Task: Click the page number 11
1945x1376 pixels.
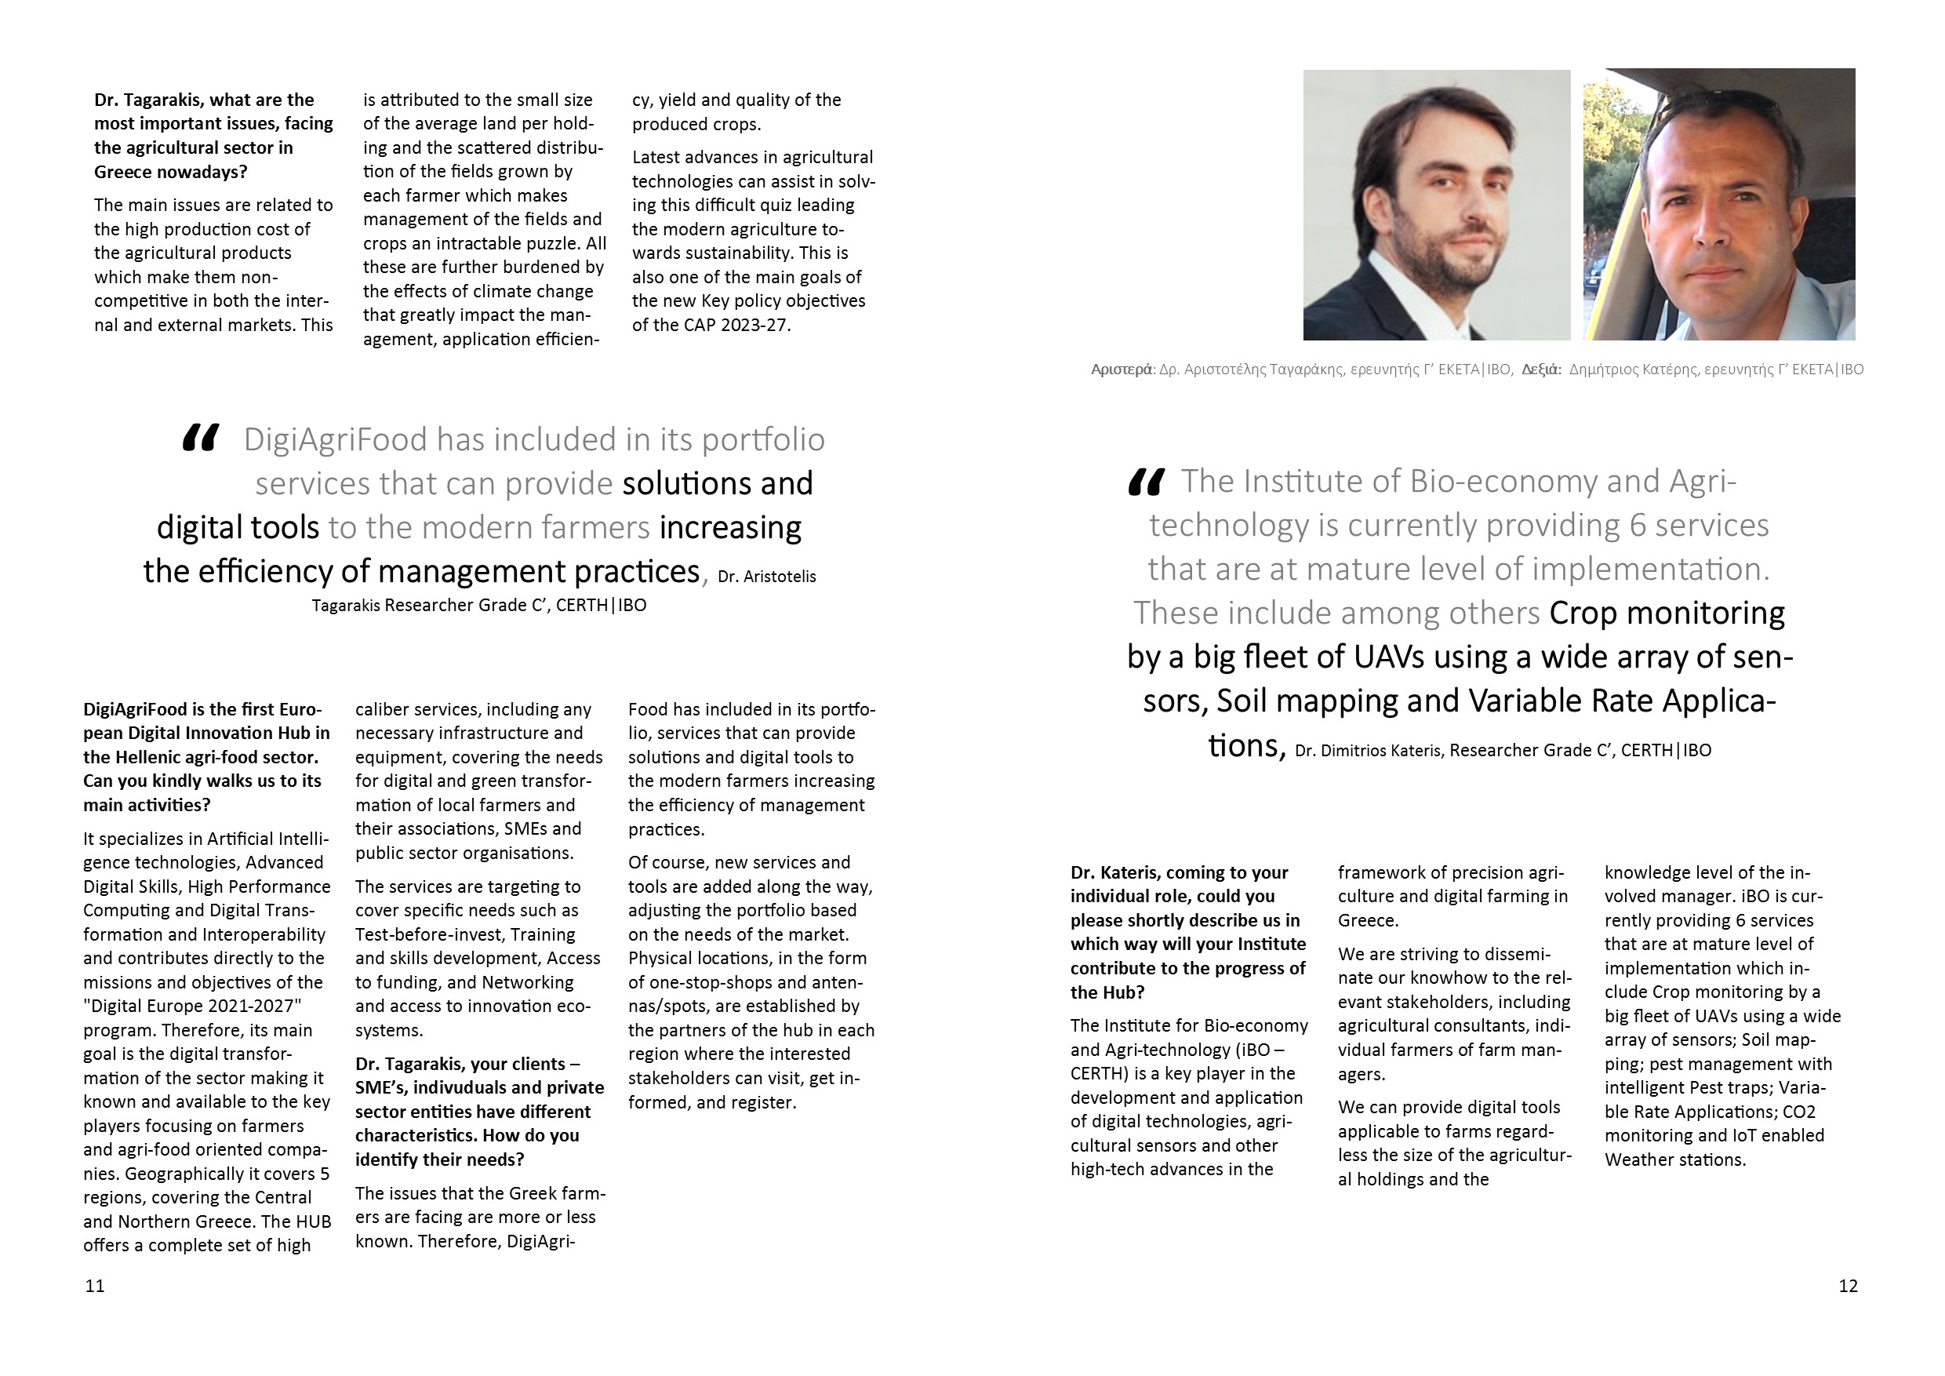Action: coord(95,1287)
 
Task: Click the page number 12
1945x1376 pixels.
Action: coord(1848,1287)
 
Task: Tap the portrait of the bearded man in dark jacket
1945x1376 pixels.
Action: coord(1436,204)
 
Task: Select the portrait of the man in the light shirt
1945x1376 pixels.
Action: coord(1719,204)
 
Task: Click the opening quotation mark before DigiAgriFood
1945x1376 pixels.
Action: coord(201,438)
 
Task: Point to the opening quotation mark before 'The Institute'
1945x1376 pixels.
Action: coord(1146,482)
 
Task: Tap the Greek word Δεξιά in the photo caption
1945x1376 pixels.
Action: coord(1541,369)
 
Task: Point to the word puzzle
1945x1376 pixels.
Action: coord(551,244)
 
